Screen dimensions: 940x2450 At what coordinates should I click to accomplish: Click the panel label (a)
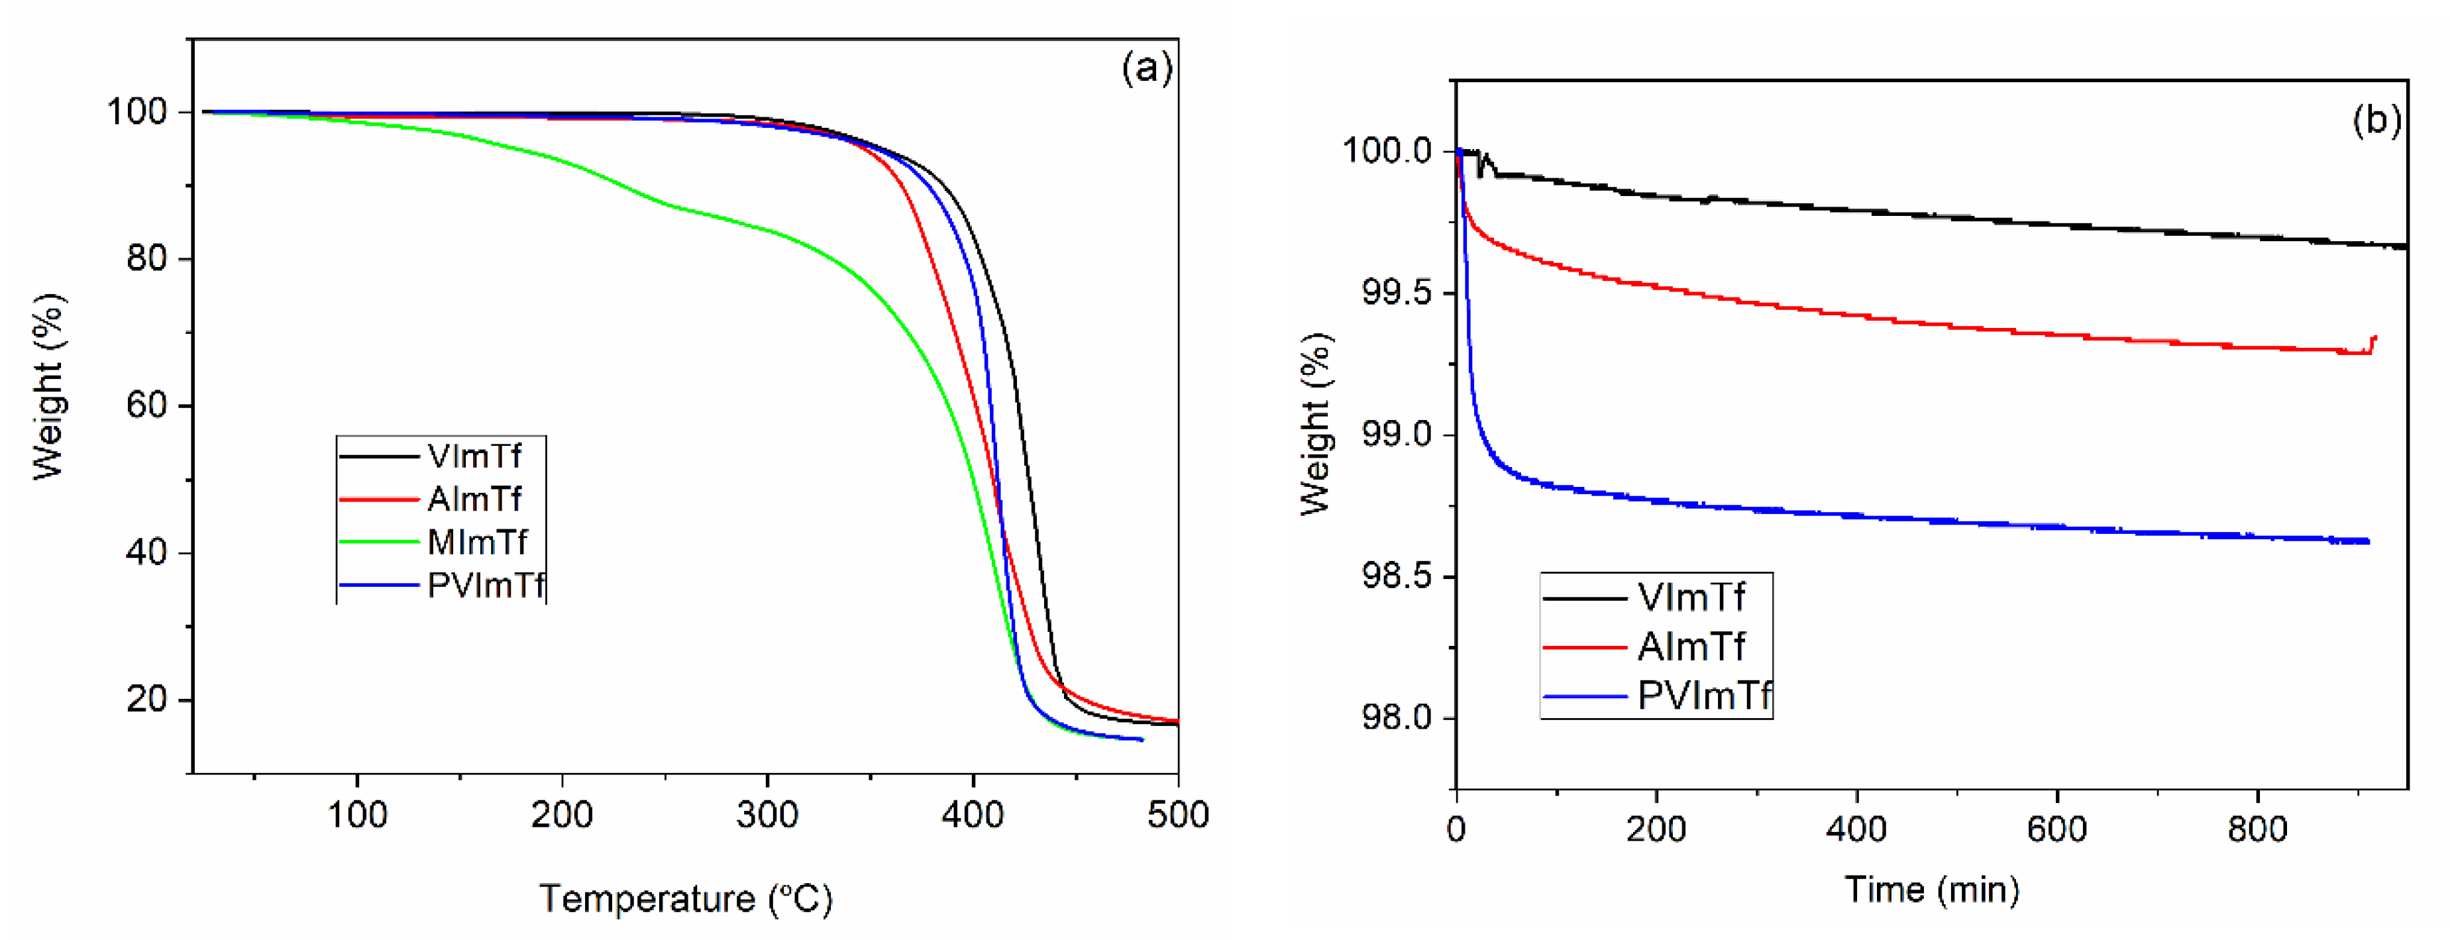[1146, 68]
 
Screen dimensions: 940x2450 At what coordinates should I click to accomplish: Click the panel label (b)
[2376, 120]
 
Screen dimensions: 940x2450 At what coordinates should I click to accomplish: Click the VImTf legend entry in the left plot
[474, 456]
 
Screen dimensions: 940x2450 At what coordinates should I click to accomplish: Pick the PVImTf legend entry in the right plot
[1703, 696]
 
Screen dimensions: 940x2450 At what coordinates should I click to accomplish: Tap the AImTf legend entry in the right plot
[1690, 647]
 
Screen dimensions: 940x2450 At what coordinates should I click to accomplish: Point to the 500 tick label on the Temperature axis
[1177, 815]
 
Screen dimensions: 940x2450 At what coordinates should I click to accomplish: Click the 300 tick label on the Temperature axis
[767, 815]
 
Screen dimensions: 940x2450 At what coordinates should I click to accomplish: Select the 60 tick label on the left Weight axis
[148, 406]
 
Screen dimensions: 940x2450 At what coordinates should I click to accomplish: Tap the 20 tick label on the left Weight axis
[148, 700]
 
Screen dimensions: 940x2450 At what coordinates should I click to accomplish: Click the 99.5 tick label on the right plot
[1395, 293]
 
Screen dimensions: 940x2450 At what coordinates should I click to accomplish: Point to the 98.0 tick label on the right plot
[1395, 718]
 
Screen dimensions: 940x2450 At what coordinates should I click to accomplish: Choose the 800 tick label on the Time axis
[2257, 829]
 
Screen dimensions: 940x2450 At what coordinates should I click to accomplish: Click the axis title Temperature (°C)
[686, 899]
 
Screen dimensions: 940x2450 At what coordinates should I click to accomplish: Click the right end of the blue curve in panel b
[2367, 541]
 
